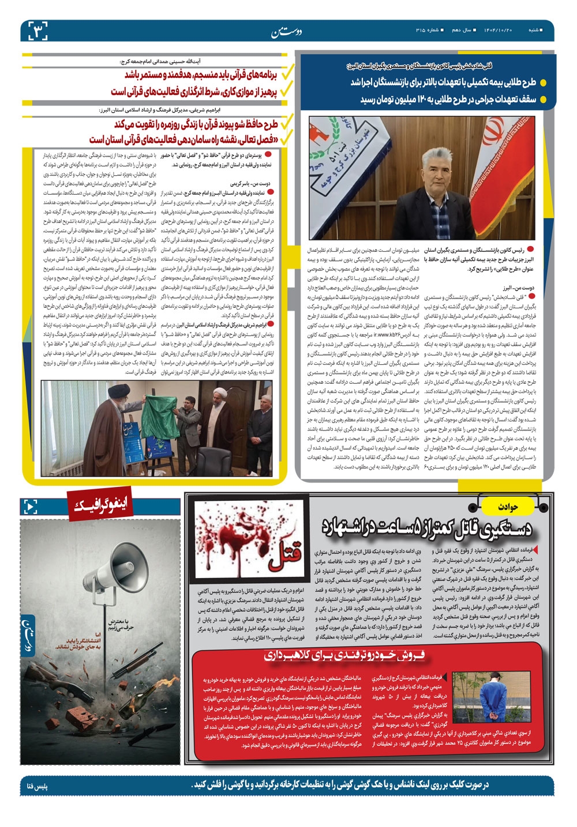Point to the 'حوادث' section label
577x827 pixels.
coord(510,507)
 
